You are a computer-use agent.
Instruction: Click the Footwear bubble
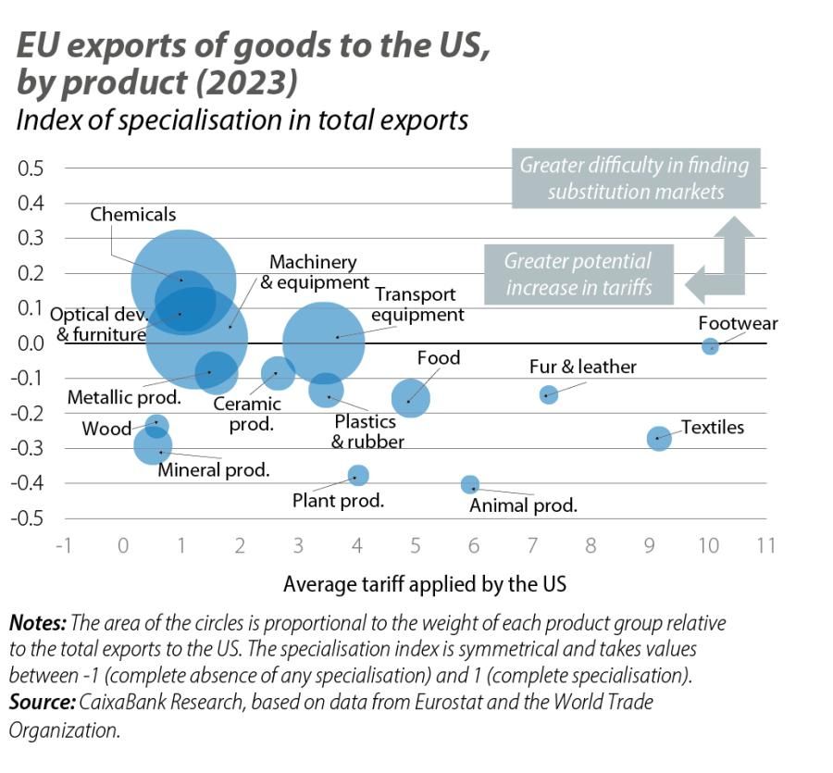[x=710, y=346]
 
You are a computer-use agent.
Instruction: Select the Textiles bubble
[x=658, y=438]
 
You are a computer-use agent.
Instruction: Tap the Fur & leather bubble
[x=549, y=394]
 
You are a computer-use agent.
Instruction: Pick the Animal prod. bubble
[x=470, y=484]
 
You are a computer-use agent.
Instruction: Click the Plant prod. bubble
[x=358, y=475]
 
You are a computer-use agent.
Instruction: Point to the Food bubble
[x=410, y=398]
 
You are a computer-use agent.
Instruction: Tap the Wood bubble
[x=156, y=426]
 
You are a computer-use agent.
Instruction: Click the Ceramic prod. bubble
[x=278, y=372]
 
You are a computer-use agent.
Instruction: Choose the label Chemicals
[x=133, y=215]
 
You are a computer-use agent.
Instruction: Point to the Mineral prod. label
[x=214, y=470]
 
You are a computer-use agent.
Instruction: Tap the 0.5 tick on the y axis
[x=31, y=168]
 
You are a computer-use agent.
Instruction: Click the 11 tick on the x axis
[x=765, y=545]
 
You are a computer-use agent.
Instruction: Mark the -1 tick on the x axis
[x=64, y=545]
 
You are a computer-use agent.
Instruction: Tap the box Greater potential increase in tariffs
[x=578, y=274]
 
